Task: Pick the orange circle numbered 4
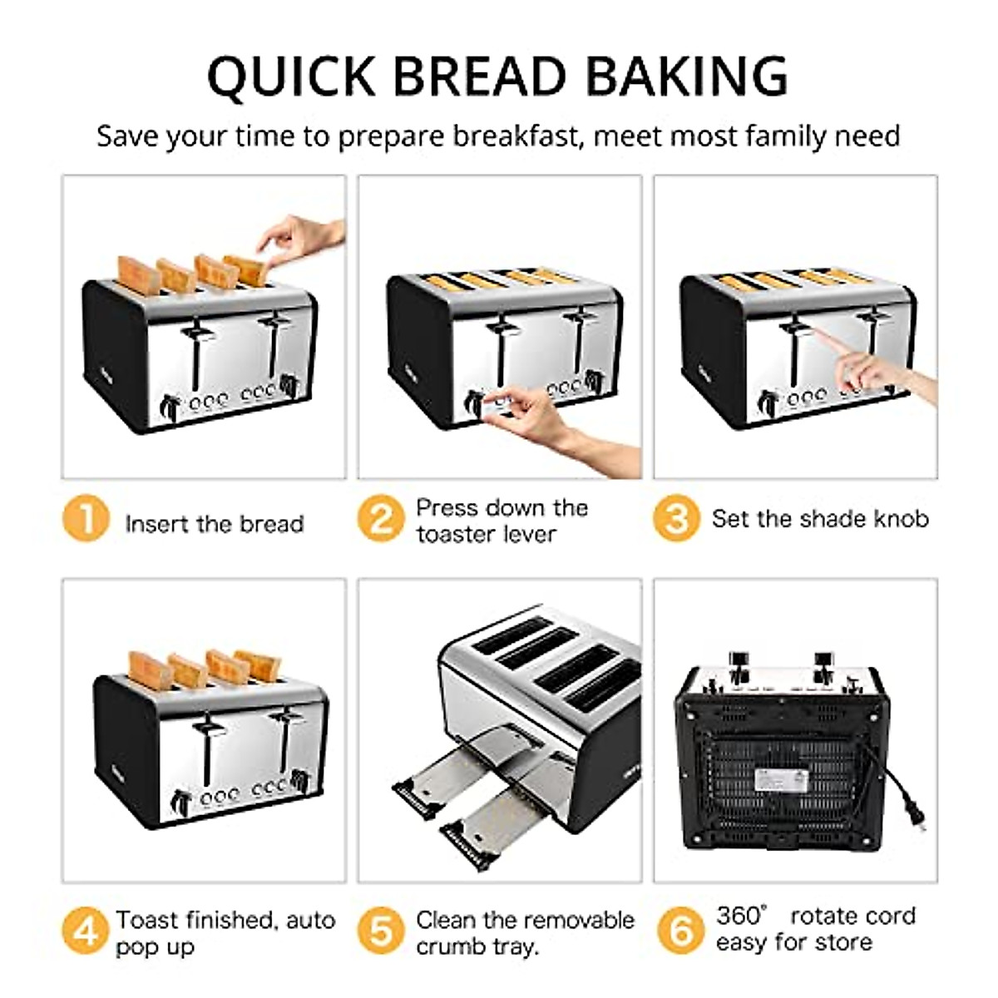click(x=85, y=931)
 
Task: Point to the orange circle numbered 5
click(x=381, y=931)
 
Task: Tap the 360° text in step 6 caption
click(x=740, y=916)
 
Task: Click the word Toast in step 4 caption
click(x=146, y=920)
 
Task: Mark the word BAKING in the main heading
click(x=685, y=77)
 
